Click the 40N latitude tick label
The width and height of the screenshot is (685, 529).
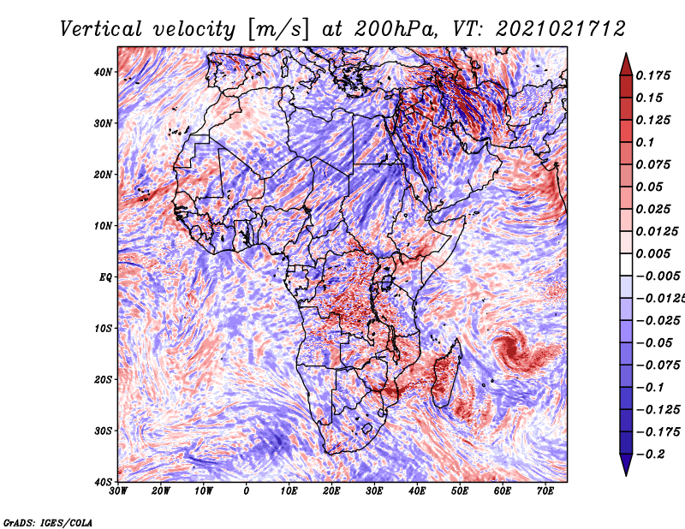click(103, 72)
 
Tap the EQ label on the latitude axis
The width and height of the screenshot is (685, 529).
click(105, 277)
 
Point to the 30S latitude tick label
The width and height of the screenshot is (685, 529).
click(103, 431)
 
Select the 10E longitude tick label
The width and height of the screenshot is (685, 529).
click(289, 491)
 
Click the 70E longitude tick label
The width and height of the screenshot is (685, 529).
click(545, 491)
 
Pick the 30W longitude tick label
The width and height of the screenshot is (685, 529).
click(118, 491)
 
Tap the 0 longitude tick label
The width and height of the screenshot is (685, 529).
click(247, 491)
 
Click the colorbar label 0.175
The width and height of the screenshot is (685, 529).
click(653, 75)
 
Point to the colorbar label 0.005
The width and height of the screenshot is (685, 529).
click(653, 253)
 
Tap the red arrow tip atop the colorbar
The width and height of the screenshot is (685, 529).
click(626, 54)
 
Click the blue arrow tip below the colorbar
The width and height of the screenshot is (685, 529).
click(626, 475)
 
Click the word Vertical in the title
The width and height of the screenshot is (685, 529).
click(101, 29)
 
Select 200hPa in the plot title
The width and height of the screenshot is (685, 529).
click(396, 29)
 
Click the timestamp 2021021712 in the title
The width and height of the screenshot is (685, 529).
click(561, 29)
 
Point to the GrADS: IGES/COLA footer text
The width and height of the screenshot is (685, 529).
click(48, 523)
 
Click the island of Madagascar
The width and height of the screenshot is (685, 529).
click(446, 375)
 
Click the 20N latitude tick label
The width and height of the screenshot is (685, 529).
click(103, 175)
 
